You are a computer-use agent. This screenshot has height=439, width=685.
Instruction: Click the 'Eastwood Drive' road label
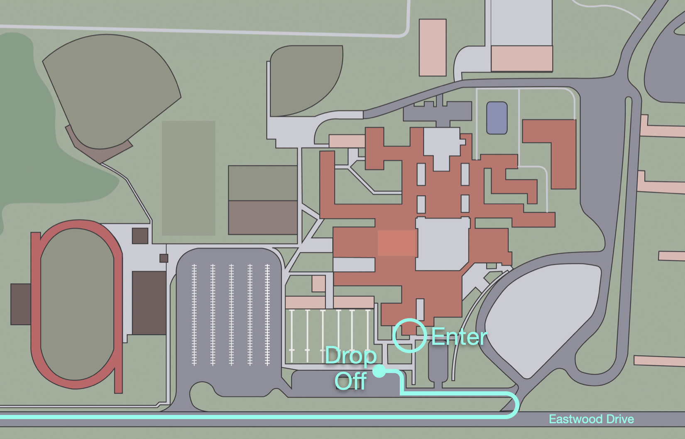point(591,419)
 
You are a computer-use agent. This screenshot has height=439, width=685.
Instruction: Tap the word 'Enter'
point(459,337)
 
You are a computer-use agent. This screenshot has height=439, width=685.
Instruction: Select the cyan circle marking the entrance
point(410,336)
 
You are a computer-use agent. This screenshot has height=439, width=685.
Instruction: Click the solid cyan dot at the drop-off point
point(379,371)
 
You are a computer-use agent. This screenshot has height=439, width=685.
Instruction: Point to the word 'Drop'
point(350,356)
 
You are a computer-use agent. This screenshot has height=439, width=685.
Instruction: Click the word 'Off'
point(351,381)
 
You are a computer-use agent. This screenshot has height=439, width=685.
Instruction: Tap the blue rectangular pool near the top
point(497,118)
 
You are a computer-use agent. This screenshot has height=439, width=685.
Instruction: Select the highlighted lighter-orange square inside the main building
point(396,243)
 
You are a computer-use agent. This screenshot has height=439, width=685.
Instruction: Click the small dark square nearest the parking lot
point(164,258)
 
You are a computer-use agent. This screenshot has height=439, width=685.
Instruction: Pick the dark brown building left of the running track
point(20,304)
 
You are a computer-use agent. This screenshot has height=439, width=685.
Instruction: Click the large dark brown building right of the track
point(149,303)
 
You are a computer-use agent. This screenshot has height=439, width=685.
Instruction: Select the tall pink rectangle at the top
point(433,47)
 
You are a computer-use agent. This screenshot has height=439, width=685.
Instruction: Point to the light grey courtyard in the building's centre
point(442,244)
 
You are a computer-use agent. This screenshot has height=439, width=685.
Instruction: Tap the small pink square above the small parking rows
point(318,283)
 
